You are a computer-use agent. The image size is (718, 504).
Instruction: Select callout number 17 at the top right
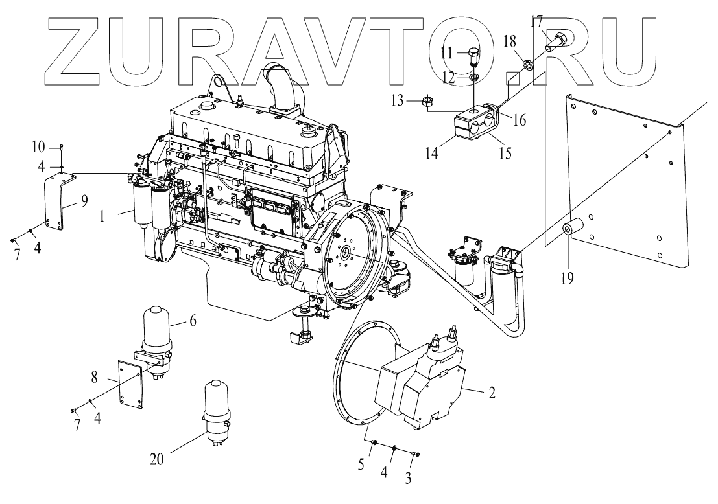click(536, 20)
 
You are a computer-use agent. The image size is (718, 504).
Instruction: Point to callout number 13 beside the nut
click(414, 100)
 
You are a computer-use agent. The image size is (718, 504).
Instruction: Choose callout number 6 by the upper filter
click(193, 321)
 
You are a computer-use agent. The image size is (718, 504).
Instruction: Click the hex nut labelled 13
click(429, 101)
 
